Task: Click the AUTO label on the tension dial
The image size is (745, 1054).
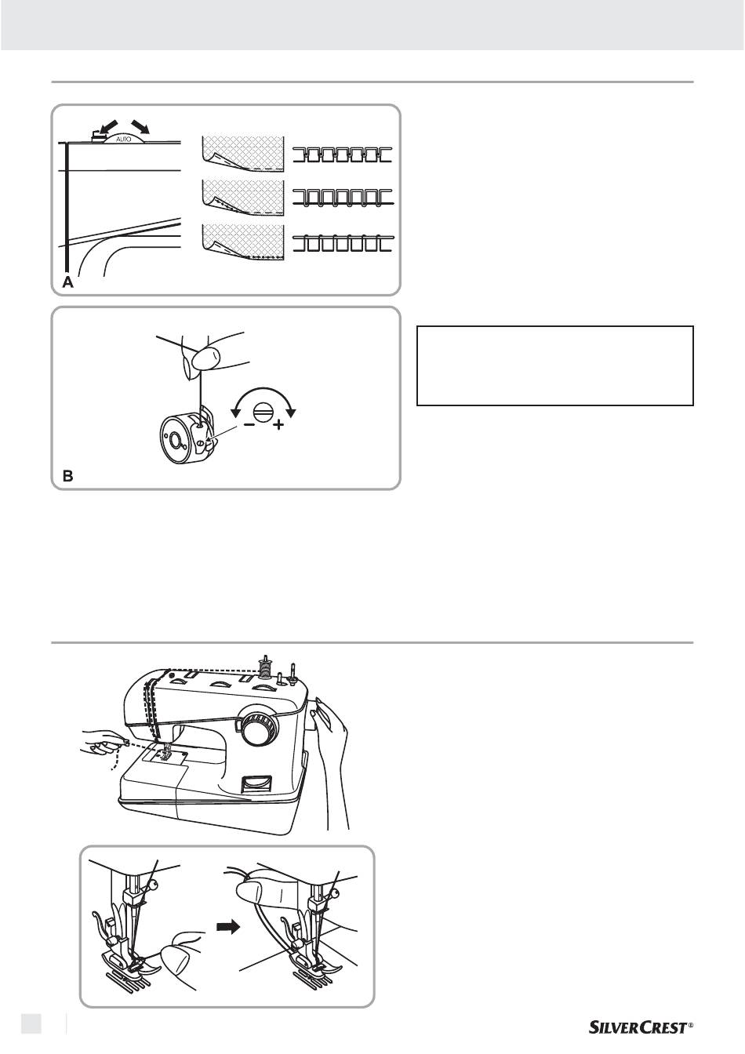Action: click(x=123, y=140)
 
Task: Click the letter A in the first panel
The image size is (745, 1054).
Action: click(x=68, y=282)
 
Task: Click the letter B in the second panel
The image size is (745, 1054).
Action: click(x=68, y=476)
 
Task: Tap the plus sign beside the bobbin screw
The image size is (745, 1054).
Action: click(x=279, y=425)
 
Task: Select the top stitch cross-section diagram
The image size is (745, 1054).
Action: click(x=343, y=154)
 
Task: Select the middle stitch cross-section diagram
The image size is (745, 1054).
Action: click(x=343, y=198)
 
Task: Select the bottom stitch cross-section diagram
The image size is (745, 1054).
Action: click(x=343, y=243)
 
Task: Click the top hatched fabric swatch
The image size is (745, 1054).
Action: click(x=242, y=154)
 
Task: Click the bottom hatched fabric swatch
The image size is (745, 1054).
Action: click(x=242, y=242)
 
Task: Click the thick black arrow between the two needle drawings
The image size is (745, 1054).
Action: click(x=229, y=927)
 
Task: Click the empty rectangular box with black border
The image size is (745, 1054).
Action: click(x=555, y=365)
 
